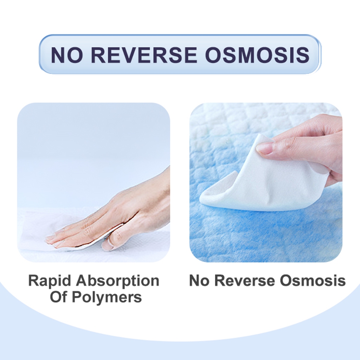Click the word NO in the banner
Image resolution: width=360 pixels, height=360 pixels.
66,55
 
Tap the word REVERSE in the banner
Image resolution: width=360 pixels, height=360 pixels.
144,55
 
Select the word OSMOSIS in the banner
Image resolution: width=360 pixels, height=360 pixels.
257,55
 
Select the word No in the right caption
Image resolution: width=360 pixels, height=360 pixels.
199,280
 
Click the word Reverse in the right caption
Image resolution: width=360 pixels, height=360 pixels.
245,280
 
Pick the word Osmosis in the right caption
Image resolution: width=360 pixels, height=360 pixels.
313,280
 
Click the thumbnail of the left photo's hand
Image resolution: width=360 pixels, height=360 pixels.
107,245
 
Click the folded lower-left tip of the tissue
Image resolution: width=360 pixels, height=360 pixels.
203,199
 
